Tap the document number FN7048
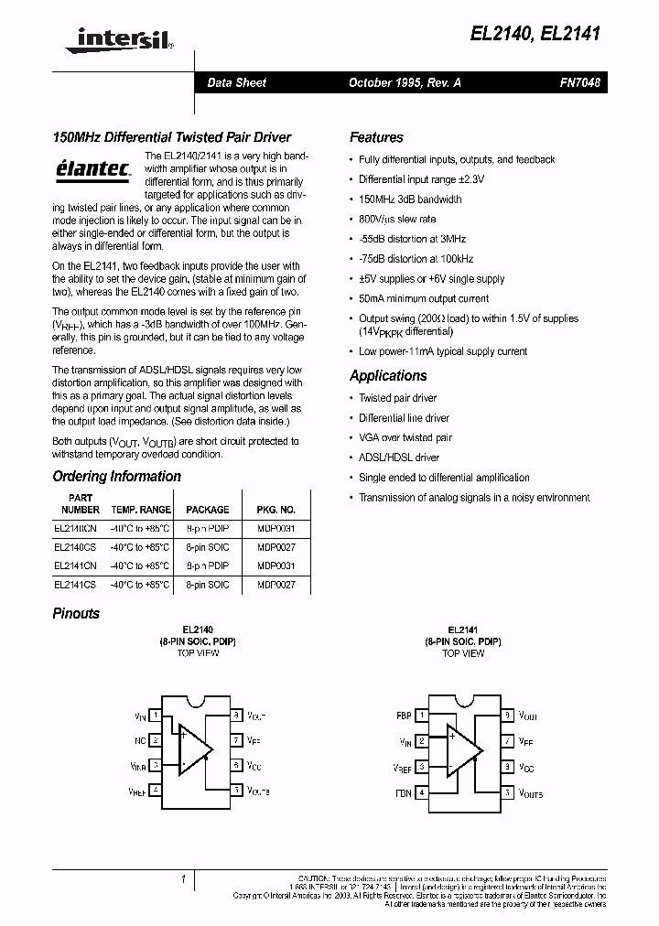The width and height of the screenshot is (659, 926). pos(580,82)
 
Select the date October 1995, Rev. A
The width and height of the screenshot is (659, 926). pos(405,82)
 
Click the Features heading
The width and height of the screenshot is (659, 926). pos(376,137)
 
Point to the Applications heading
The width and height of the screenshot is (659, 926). pos(388,375)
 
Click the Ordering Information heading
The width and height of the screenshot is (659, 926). pos(116,476)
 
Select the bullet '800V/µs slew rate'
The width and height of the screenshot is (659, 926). pos(397,220)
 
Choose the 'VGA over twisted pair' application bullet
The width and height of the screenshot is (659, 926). pos(405,438)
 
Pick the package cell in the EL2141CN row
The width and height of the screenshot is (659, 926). pos(207,565)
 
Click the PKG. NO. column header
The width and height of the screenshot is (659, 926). pos(276,510)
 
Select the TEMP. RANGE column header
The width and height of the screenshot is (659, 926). pos(141,510)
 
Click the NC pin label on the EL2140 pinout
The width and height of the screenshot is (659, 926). pos(141,739)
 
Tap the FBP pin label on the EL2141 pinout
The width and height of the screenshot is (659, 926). pos(404,716)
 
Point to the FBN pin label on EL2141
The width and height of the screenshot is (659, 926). pos(404,792)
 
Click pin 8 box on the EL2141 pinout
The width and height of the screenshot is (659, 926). pos(508,716)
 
